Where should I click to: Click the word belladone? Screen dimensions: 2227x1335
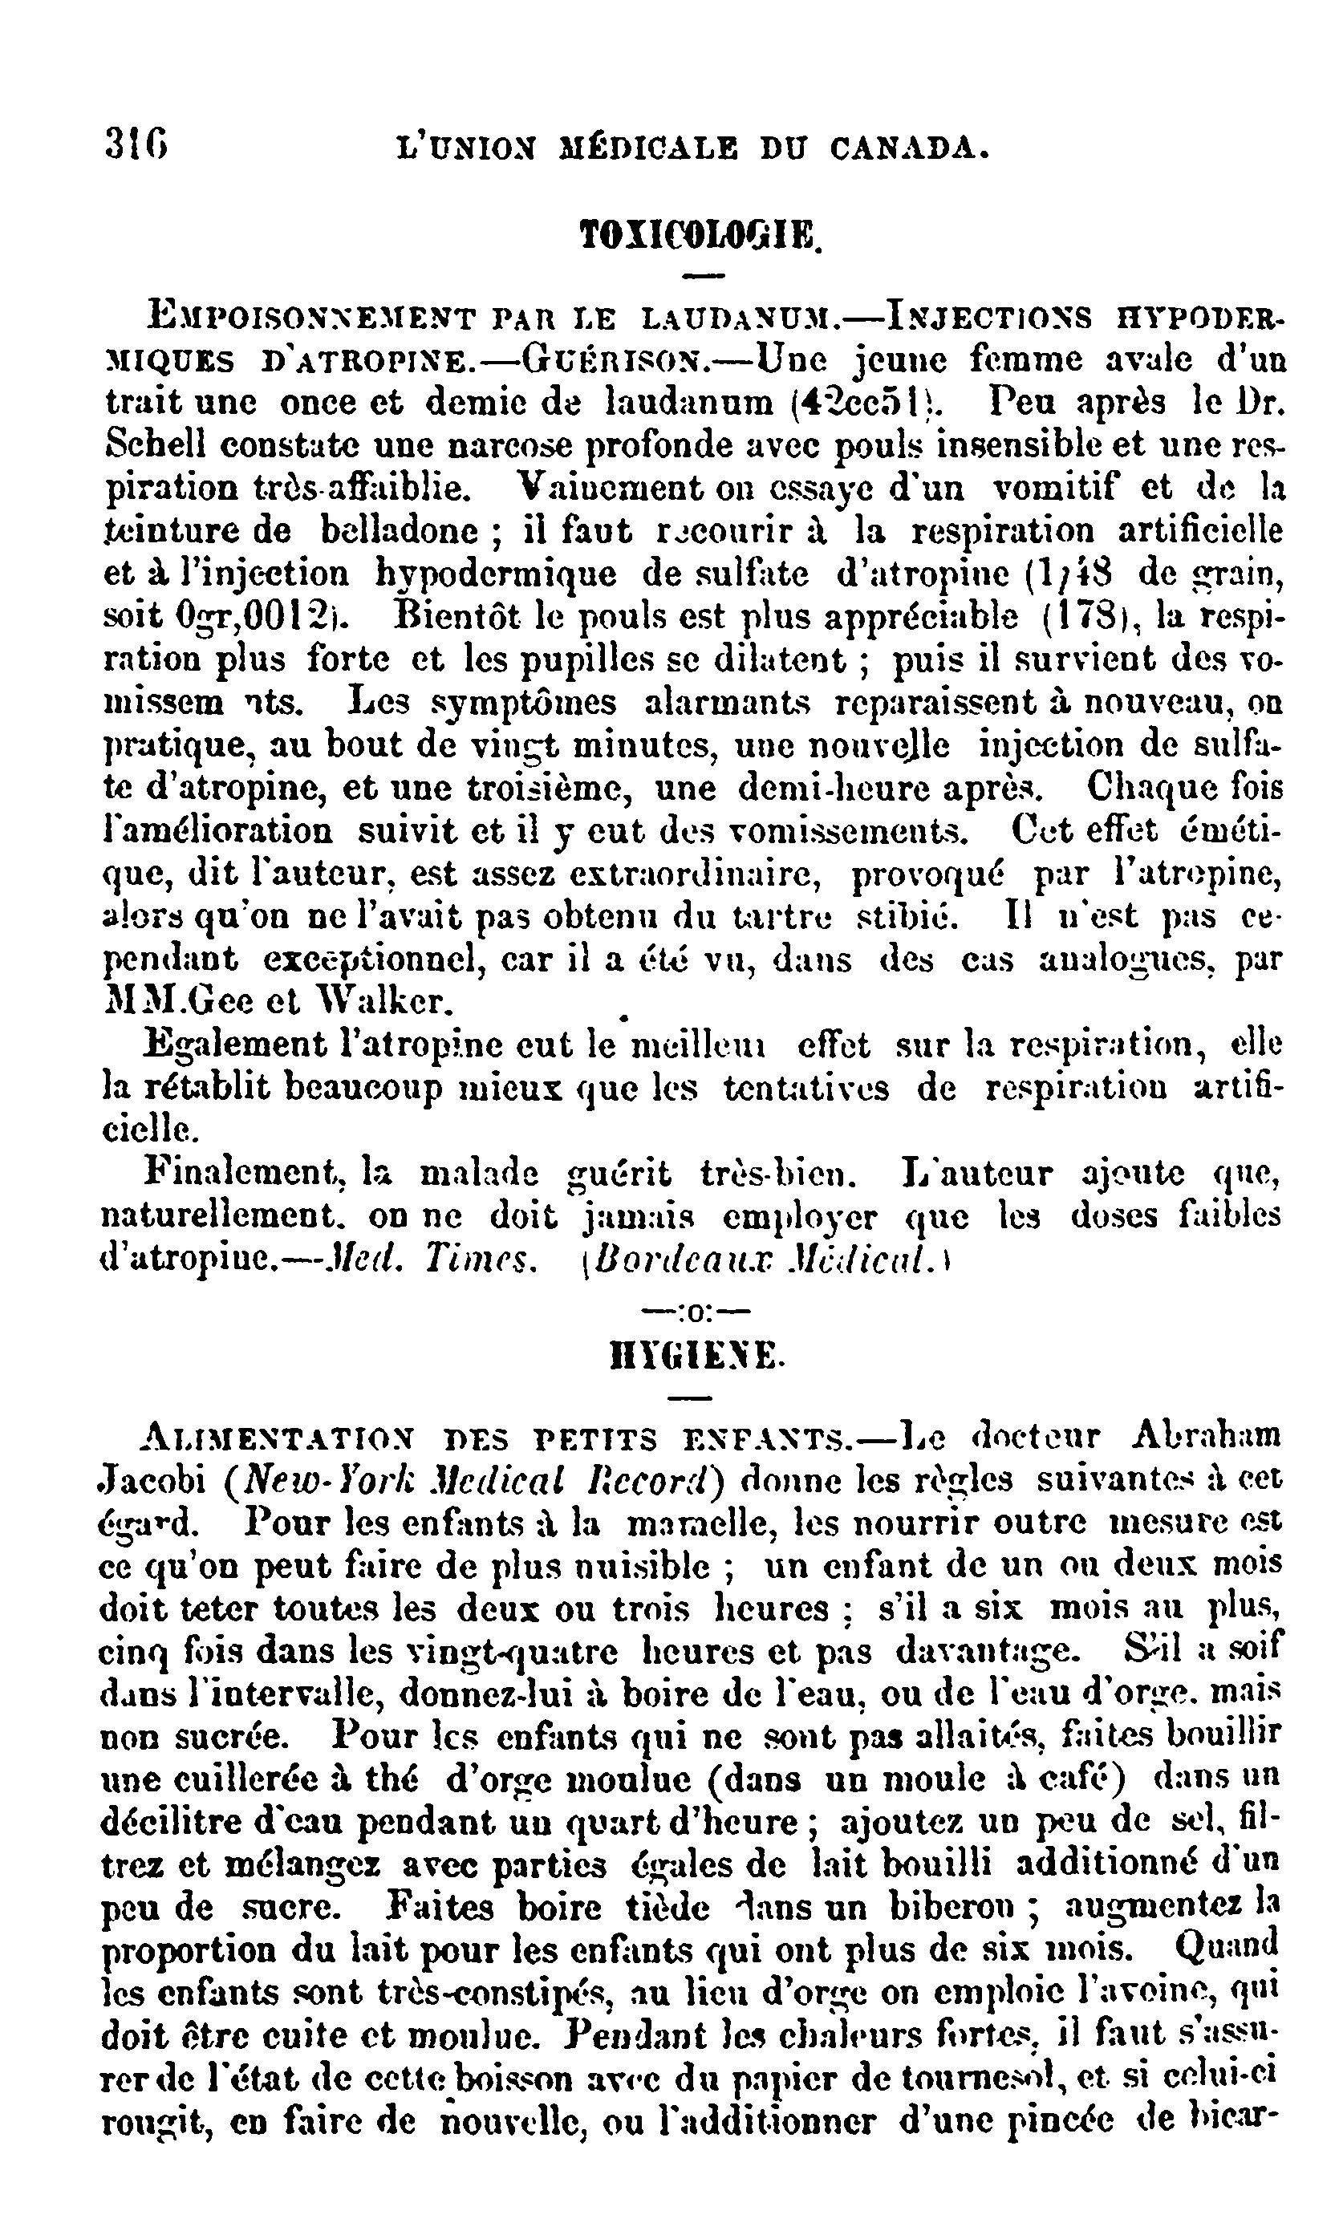(400, 530)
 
